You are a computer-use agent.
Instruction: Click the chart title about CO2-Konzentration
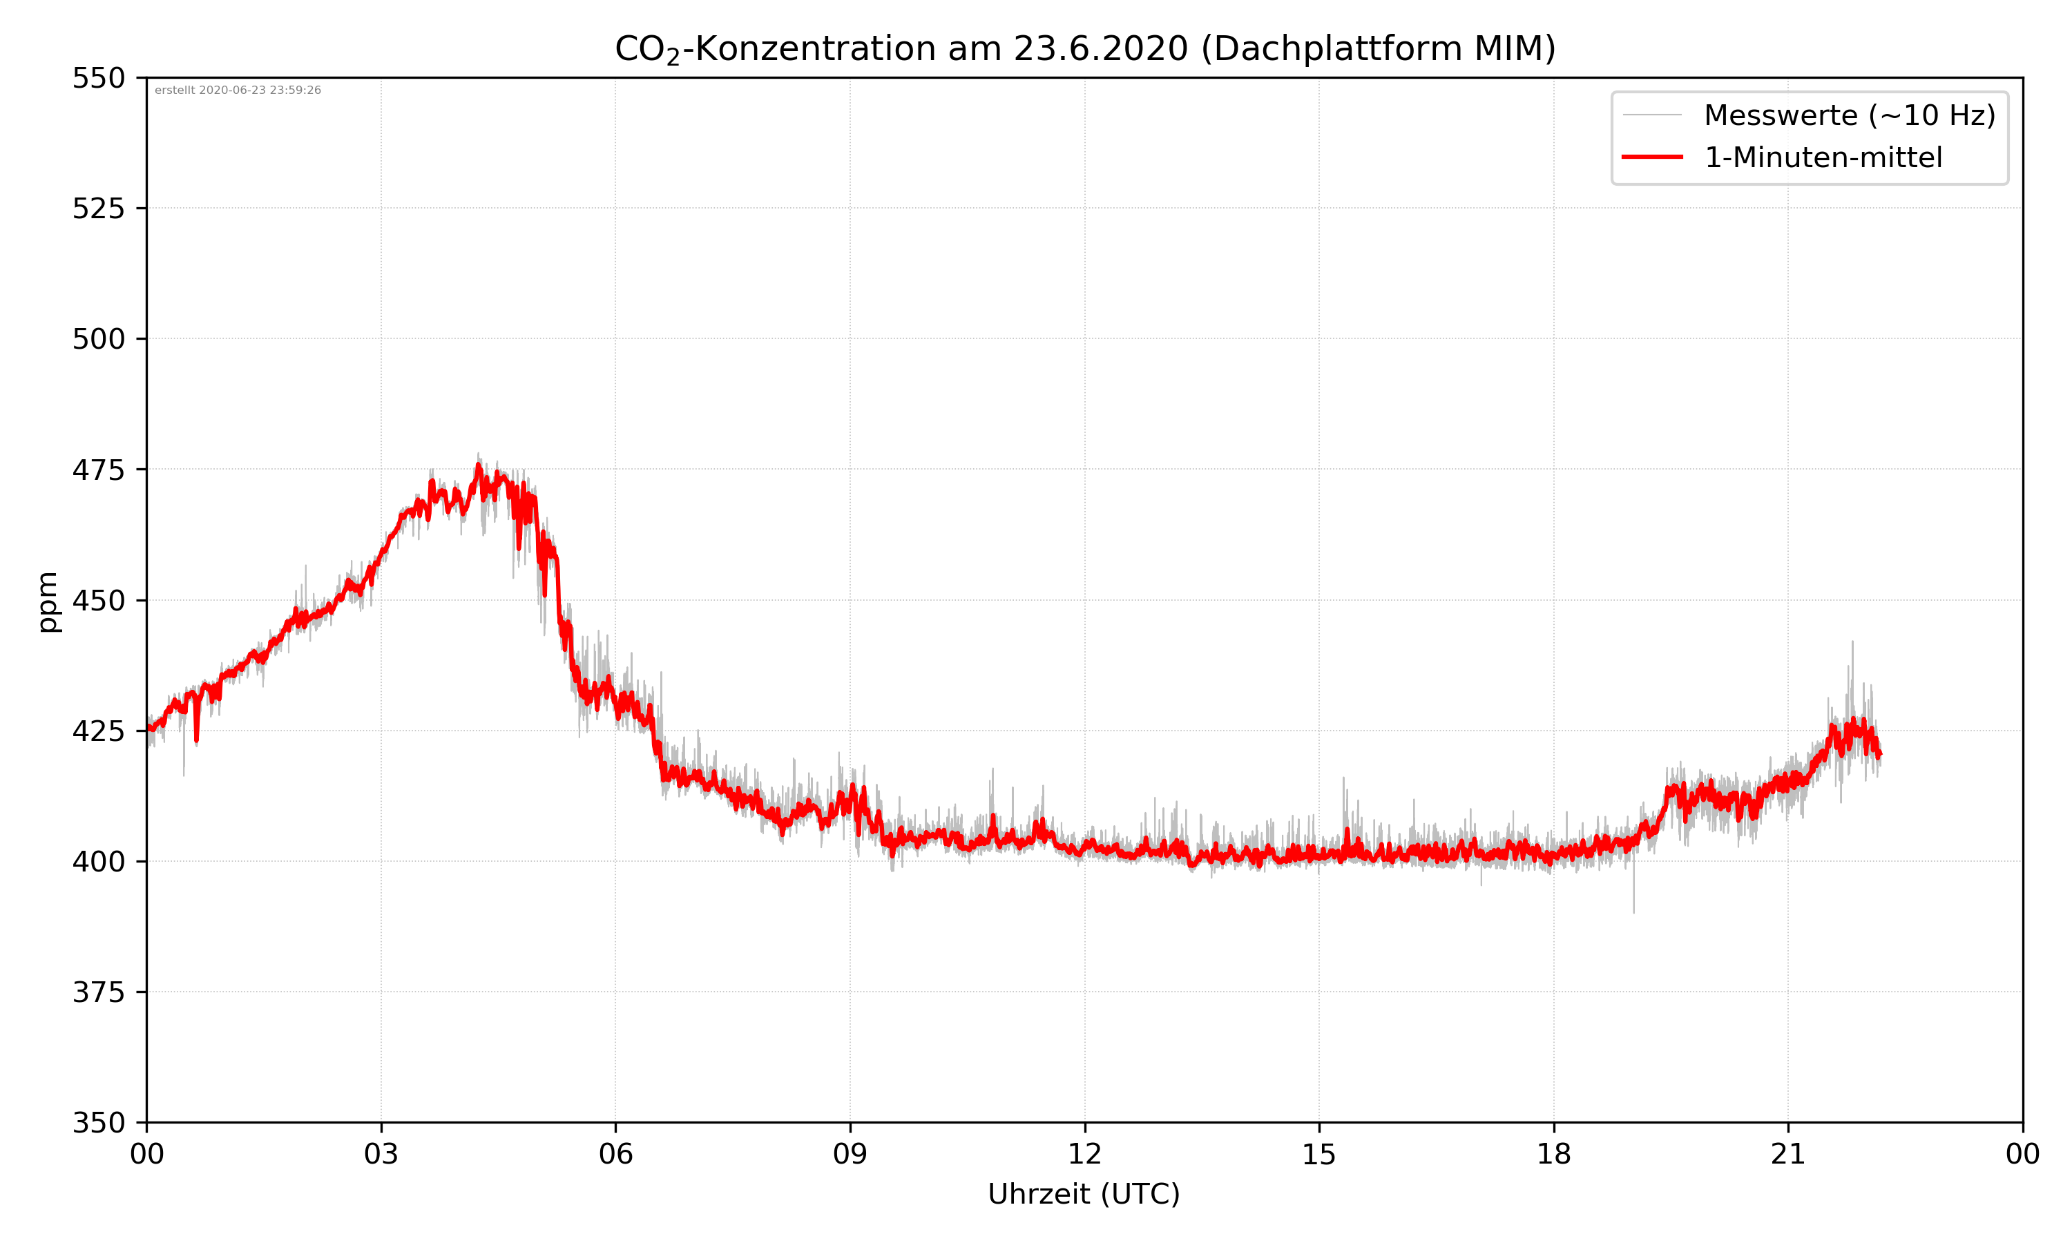click(1084, 48)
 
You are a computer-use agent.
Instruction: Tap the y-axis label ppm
click(48, 601)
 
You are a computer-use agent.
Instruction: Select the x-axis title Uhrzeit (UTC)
click(1084, 1193)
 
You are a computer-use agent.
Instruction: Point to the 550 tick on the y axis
click(98, 78)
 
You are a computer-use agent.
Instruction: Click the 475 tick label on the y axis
click(98, 470)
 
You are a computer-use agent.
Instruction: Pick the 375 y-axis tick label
click(98, 992)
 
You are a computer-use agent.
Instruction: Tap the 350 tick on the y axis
click(98, 1122)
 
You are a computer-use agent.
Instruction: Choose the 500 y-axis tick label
click(98, 339)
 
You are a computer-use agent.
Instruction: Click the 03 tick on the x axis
click(381, 1154)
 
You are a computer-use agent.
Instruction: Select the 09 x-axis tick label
click(850, 1154)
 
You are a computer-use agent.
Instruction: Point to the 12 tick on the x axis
click(1084, 1154)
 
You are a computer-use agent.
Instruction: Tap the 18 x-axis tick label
click(1553, 1154)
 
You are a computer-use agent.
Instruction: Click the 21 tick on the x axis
click(1788, 1154)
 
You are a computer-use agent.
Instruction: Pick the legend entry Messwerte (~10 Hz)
click(1849, 115)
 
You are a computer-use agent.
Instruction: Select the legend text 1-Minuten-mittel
click(1823, 157)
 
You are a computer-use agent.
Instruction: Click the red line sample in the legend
click(1651, 157)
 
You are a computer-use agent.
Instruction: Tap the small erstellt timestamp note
click(238, 90)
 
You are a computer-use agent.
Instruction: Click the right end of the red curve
click(1879, 755)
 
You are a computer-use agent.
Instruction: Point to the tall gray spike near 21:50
click(1852, 644)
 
